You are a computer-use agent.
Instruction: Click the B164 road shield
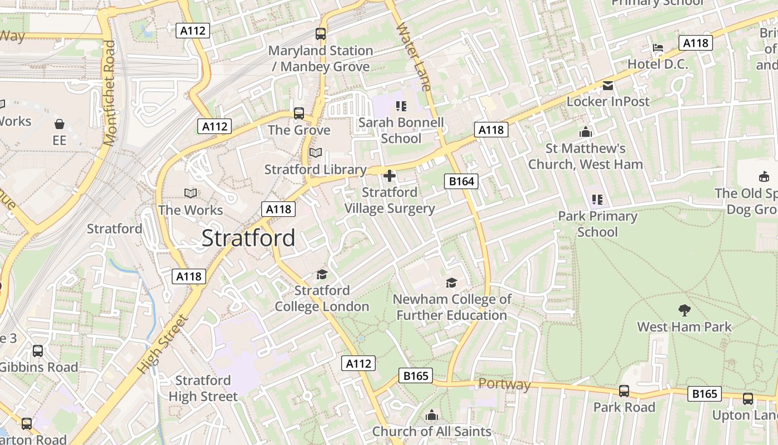tap(461, 181)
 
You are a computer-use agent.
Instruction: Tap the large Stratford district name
tap(248, 238)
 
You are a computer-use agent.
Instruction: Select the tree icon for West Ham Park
tap(685, 310)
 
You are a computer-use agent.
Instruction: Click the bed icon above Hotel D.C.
tap(658, 48)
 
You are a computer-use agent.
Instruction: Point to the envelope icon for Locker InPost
tap(608, 86)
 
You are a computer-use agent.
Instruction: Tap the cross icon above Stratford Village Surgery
tap(390, 176)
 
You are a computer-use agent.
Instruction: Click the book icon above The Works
tap(191, 193)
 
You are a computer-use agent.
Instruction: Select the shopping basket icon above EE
tap(59, 123)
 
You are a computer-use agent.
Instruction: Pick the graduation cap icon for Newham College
tap(451, 283)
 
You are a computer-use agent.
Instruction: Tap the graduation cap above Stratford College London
tap(322, 274)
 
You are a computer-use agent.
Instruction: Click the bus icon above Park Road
tap(624, 391)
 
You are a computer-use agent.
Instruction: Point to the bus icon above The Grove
tap(299, 113)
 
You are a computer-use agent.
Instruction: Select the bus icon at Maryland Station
tap(321, 34)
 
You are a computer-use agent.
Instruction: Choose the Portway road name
tap(504, 384)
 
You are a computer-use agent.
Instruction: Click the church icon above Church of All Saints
tap(432, 415)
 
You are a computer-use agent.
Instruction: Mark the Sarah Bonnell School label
tap(401, 130)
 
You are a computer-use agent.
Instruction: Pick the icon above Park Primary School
tap(597, 199)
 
